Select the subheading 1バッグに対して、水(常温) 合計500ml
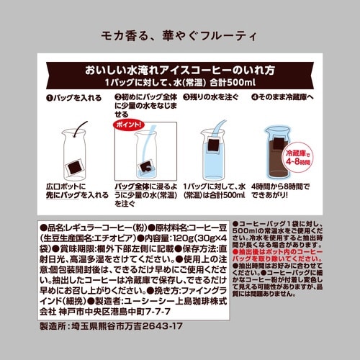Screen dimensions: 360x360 pos(180,82)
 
